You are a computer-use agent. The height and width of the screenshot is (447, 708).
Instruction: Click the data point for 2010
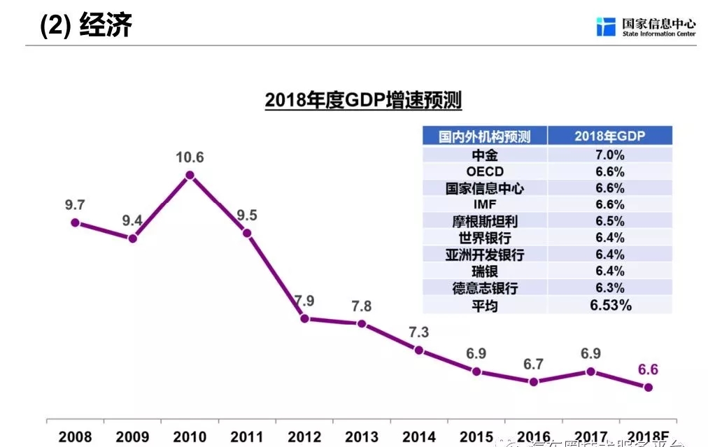point(190,176)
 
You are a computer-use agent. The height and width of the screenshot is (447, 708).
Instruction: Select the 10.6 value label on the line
point(190,157)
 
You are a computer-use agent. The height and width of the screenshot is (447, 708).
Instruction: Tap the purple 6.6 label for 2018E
point(648,370)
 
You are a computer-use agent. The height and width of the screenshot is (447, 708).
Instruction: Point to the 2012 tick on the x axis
point(304,437)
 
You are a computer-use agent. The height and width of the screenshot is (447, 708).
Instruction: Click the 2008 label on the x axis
point(75,437)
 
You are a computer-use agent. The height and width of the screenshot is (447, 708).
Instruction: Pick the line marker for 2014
point(419,350)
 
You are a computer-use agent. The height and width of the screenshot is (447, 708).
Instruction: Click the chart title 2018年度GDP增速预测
point(363,101)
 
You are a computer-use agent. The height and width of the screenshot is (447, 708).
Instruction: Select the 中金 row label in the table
point(485,155)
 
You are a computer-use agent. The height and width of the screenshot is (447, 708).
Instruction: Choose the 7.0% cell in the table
point(609,155)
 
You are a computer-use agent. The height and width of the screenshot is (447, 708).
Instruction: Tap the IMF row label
point(485,205)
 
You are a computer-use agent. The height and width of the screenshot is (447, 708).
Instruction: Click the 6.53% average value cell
point(610,305)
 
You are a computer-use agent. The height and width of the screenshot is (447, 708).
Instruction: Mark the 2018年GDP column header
point(609,136)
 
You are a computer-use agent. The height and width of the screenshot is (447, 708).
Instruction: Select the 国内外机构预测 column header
point(485,136)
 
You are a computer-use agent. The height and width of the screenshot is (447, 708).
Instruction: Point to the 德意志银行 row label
point(485,288)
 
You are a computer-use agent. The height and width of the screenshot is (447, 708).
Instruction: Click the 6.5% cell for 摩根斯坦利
point(609,221)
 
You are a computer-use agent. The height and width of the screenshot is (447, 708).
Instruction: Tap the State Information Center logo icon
point(605,27)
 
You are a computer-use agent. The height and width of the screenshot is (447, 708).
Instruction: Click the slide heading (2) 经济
point(86,26)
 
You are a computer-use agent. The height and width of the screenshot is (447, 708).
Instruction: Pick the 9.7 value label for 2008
point(75,205)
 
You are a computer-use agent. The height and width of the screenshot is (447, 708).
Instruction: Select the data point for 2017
point(590,371)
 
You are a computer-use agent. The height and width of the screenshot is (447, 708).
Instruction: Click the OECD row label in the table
point(485,172)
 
